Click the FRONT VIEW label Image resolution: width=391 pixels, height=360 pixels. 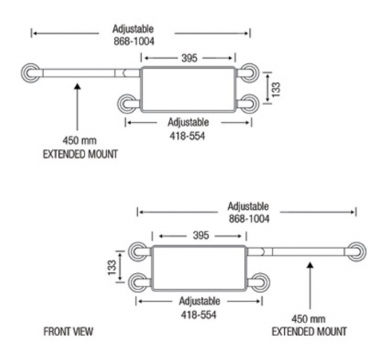[69, 331]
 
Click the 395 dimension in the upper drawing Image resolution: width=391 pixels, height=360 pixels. [189, 58]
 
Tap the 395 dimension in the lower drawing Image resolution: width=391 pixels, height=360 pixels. [201, 235]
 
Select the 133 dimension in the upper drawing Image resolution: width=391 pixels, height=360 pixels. [276, 89]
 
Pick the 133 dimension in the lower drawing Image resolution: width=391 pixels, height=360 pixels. [113, 267]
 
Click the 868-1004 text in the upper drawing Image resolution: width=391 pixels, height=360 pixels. [134, 42]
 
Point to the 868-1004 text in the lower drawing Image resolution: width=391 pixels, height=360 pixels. [249, 219]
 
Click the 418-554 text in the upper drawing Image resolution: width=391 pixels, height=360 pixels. [188, 136]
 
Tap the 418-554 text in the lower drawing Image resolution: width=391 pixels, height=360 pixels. [199, 315]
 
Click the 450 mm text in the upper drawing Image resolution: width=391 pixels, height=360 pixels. [80, 140]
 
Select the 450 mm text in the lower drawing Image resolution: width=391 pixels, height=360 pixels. [309, 318]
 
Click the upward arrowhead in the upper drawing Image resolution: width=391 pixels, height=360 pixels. [77, 87]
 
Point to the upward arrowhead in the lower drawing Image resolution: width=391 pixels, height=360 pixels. [310, 265]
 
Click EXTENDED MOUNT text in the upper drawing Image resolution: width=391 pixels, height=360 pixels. [81, 154]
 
